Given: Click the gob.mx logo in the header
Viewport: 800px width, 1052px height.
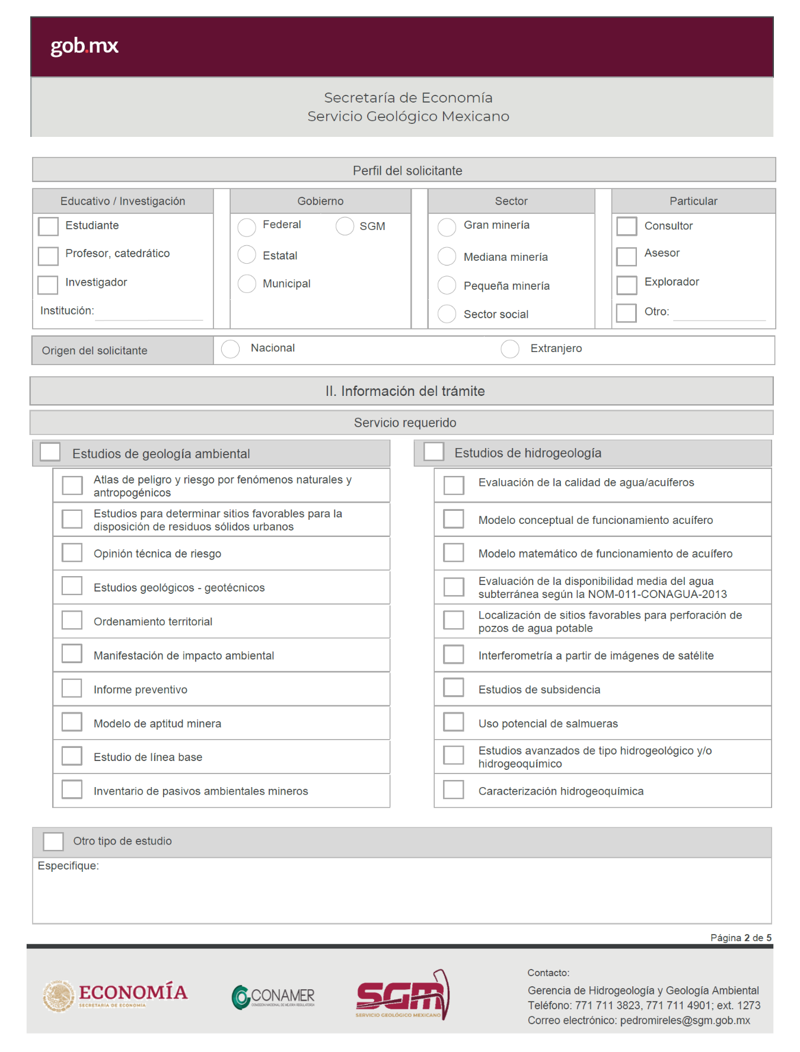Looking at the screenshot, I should (84, 46).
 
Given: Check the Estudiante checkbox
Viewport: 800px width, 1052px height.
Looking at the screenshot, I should (48, 226).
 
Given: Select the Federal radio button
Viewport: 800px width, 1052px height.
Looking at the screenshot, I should (247, 226).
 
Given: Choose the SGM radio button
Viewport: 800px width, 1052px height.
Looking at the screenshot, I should (345, 226).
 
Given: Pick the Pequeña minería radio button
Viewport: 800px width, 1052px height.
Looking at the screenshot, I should (447, 285).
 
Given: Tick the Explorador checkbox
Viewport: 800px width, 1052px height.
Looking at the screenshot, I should (626, 284).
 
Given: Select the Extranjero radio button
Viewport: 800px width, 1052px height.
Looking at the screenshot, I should (510, 349).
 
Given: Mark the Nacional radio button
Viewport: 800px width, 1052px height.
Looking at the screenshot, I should (230, 349).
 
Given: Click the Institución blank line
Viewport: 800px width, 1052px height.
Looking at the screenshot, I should (149, 314).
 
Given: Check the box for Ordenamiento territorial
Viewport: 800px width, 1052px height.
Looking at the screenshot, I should (72, 621).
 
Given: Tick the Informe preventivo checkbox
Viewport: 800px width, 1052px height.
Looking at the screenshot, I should (72, 688).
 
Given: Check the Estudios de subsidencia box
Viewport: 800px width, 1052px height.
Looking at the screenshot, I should (454, 688).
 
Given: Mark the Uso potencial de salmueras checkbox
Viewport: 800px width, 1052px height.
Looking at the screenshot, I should (454, 722).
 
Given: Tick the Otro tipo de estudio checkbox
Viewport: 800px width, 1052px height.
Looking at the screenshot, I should (53, 841).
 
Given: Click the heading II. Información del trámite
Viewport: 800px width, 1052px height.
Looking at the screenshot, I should (404, 391).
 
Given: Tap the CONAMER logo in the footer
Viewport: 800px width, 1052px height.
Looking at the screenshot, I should (273, 997).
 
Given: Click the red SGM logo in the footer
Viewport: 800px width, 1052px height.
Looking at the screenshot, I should (403, 995).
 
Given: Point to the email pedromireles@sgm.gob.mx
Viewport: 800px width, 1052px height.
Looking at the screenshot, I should (685, 1020).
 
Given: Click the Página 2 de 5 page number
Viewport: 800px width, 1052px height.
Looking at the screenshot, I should (741, 938).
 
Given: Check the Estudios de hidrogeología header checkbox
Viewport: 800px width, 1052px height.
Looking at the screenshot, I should (434, 452).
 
